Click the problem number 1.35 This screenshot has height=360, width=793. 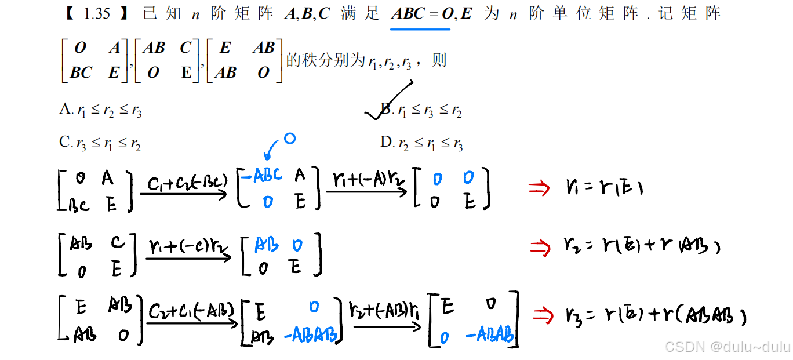pos(97,14)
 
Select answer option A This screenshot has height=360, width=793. pos(100,110)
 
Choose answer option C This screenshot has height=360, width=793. pos(100,143)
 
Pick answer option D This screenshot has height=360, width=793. pos(421,143)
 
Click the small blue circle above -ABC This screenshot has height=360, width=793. pos(290,139)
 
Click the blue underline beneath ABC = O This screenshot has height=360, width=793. pos(420,28)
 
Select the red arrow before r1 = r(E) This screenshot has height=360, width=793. pos(539,188)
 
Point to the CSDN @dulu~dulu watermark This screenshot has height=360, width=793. pos(727,347)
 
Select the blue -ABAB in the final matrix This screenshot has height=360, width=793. pos(490,334)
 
